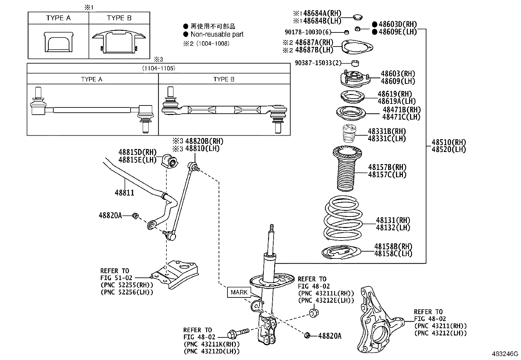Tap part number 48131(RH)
393,220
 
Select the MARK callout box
239,292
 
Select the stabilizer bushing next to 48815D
169,160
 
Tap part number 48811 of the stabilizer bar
124,193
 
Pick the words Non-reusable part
217,34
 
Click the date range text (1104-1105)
158,68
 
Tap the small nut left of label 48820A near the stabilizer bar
135,216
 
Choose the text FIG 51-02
116,278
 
